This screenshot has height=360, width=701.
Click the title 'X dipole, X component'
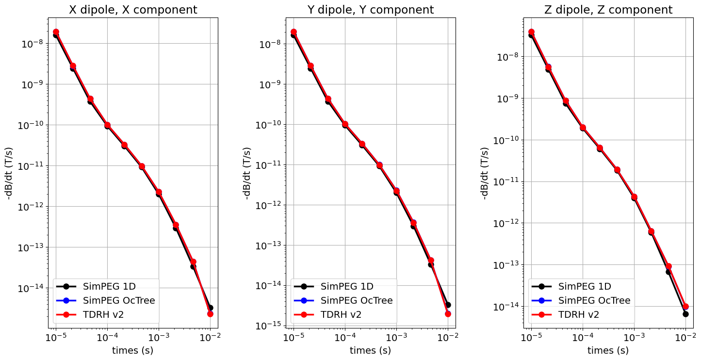click(133, 10)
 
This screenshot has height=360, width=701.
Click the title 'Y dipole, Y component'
click(371, 10)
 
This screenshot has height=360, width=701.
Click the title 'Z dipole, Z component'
click(608, 10)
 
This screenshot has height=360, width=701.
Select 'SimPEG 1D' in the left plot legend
click(110, 286)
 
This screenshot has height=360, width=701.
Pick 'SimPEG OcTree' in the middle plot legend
click(357, 300)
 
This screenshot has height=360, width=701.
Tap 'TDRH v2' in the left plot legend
click(103, 314)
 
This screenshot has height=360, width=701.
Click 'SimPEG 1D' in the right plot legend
click(585, 286)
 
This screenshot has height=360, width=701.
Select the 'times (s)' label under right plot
click(608, 350)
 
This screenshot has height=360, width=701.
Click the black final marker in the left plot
click(210, 308)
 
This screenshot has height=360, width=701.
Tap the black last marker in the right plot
click(685, 314)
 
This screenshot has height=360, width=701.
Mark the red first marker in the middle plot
click(293, 32)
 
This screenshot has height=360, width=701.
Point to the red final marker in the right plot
click(685, 307)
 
